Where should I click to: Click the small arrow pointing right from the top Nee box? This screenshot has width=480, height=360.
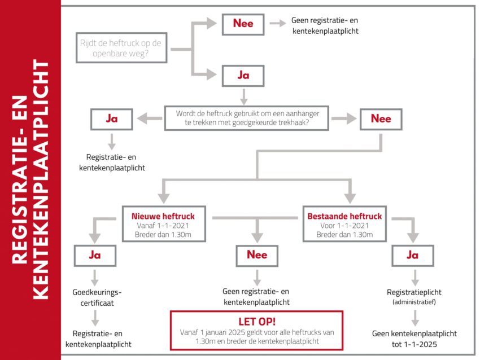[278, 23]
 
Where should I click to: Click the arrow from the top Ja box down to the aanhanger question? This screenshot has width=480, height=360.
[244, 96]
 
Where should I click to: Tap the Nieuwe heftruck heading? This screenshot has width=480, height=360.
[163, 216]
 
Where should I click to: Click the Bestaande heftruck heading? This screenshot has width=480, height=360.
[344, 216]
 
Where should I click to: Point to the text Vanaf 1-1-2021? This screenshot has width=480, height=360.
[163, 226]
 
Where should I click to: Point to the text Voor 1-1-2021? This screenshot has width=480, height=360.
[344, 226]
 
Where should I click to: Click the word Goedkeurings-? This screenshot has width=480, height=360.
[97, 292]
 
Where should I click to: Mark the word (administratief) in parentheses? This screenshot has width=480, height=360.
[414, 302]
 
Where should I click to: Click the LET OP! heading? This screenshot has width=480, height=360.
[257, 322]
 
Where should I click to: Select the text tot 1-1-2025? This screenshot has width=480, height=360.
[414, 344]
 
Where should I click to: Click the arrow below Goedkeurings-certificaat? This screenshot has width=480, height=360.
[95, 318]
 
